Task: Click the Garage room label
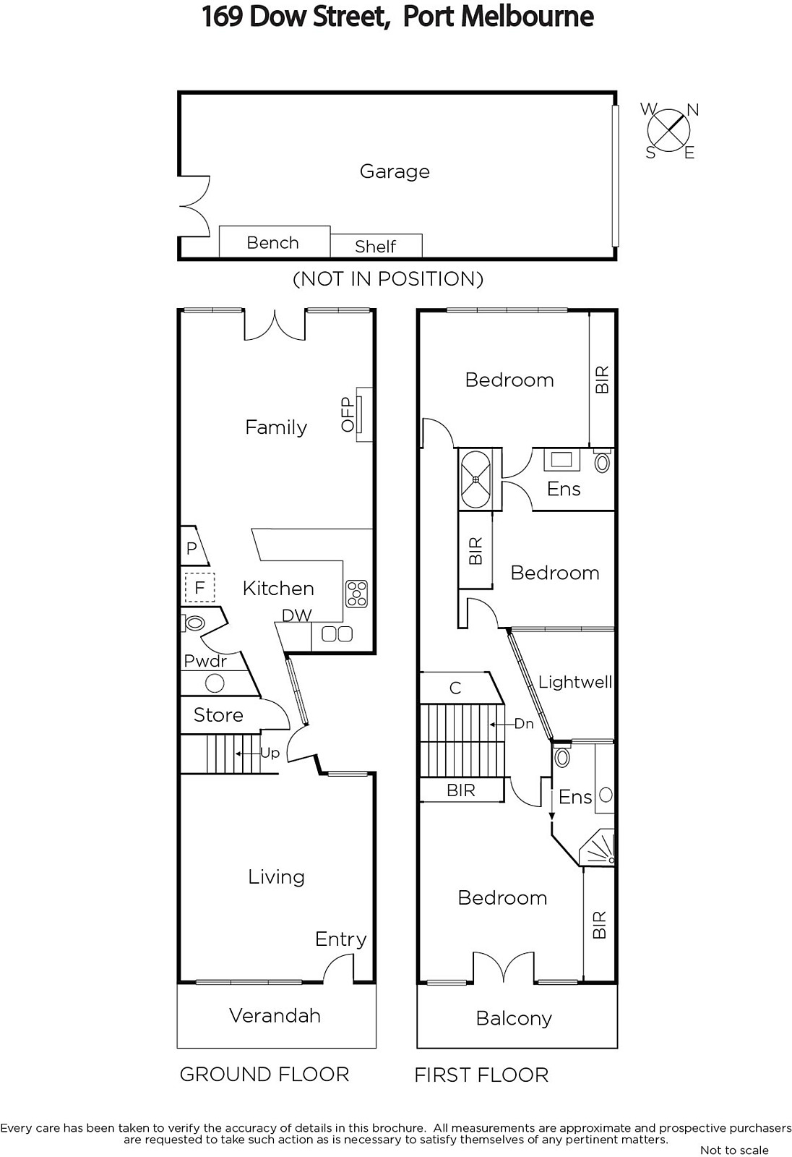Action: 395,171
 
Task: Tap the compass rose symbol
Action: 669,130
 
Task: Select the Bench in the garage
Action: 275,242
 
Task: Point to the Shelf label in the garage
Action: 375,247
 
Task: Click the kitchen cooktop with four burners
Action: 356,594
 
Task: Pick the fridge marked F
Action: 199,587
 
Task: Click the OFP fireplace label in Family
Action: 348,414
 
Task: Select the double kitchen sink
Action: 337,633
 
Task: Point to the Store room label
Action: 218,715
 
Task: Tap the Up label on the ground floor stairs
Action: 270,753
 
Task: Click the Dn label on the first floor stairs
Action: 523,724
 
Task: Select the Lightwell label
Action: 574,682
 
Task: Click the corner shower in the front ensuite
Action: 598,848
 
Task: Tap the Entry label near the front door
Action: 341,939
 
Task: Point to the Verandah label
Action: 275,1015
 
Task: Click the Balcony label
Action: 514,1019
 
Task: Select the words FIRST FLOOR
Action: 481,1075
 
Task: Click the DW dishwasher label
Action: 297,615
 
